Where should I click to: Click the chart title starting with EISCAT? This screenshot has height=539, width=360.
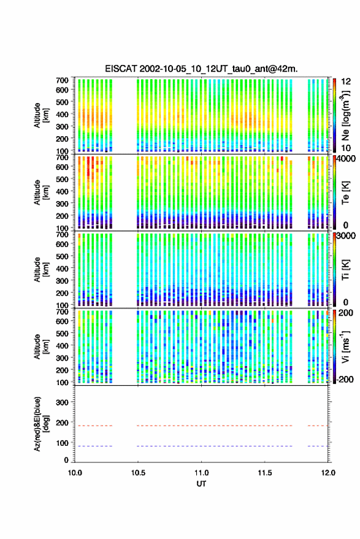point(201,69)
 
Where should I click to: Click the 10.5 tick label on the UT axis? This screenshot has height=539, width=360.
point(138,473)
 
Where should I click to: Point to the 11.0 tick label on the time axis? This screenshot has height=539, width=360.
point(201,473)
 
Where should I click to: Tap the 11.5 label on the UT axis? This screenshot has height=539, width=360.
point(265,473)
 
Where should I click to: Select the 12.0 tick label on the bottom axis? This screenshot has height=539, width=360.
point(328,473)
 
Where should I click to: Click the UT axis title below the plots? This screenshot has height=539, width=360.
point(201,484)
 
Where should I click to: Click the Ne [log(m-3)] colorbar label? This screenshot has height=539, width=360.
point(345,115)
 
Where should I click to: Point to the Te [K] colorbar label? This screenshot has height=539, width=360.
point(345,193)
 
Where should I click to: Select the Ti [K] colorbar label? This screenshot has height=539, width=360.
point(345,270)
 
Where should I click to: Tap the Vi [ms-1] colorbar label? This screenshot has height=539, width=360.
point(345,346)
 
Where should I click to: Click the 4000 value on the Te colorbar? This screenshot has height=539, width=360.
point(347,159)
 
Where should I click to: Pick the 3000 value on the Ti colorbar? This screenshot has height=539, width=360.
point(347,236)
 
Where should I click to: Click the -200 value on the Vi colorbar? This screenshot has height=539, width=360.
point(345,379)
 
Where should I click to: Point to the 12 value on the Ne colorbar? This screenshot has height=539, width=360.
point(347,82)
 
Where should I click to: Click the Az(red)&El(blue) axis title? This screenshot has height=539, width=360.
point(42,424)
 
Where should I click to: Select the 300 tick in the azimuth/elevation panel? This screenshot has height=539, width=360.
point(62,402)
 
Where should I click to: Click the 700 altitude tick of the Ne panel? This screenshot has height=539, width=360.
point(62,80)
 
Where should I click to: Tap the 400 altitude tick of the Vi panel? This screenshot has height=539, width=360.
point(62,346)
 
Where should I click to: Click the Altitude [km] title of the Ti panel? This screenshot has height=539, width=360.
point(42,270)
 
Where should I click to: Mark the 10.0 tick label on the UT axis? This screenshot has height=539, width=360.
point(75,473)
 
